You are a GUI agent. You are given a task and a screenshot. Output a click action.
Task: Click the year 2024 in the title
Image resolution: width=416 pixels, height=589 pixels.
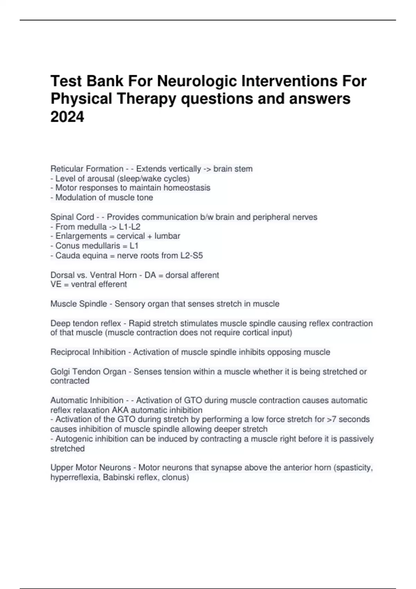click(x=67, y=116)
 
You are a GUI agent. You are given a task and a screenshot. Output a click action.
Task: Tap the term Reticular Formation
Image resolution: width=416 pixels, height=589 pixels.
click(x=87, y=169)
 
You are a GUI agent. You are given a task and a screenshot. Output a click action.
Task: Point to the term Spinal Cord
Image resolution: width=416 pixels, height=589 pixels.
click(x=72, y=217)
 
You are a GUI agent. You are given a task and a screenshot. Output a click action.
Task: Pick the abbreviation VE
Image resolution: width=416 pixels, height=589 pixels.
click(x=55, y=284)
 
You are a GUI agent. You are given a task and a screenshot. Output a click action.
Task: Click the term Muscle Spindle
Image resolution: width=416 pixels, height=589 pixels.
click(x=79, y=304)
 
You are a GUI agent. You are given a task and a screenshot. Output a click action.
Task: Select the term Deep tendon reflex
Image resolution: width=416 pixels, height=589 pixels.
click(x=86, y=323)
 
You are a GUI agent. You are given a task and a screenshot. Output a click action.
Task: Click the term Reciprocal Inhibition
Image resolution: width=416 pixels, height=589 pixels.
click(x=88, y=352)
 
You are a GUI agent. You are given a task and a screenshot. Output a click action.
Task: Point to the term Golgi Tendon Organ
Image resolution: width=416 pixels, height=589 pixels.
click(x=88, y=371)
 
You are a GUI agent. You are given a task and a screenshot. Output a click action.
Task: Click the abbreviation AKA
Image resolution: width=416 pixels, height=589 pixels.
click(x=120, y=410)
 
